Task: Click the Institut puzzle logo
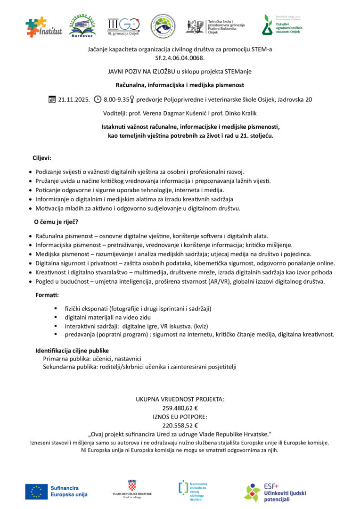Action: click(44, 27)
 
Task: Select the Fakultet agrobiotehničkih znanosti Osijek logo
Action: click(282, 25)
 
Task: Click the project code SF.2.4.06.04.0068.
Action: click(180, 58)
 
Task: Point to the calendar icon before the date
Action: click(52, 99)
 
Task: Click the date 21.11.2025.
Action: click(74, 99)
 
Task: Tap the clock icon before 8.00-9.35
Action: click(98, 99)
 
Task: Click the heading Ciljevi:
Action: click(42, 158)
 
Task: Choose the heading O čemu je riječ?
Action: click(56, 222)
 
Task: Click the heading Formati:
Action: click(47, 295)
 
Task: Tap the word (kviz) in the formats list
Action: click(201, 326)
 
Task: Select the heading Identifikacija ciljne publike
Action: click(72, 351)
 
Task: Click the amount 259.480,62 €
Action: click(180, 408)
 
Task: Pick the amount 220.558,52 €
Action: click(180, 425)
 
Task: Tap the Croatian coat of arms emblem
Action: click(132, 485)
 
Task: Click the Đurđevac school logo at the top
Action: click(82, 26)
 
